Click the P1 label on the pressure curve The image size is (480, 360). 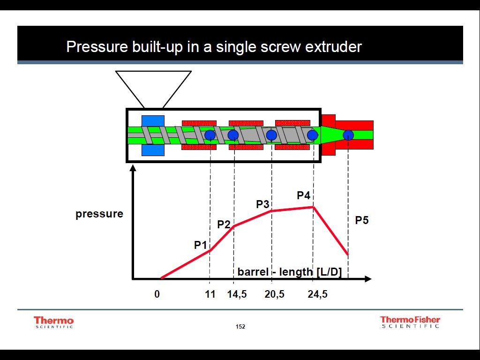pyautogui.click(x=201, y=245)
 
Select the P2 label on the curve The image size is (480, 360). pyautogui.click(x=224, y=225)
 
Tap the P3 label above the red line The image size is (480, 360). pyautogui.click(x=262, y=204)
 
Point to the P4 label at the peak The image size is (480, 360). pyautogui.click(x=303, y=195)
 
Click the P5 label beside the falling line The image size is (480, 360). pyautogui.click(x=361, y=220)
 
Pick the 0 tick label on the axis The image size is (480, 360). pyautogui.click(x=157, y=294)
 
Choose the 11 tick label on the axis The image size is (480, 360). pyautogui.click(x=210, y=294)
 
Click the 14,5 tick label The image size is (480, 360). pyautogui.click(x=237, y=294)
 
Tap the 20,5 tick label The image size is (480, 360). pyautogui.click(x=274, y=294)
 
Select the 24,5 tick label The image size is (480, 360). pyautogui.click(x=317, y=294)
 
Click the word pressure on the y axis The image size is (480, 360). pyautogui.click(x=99, y=214)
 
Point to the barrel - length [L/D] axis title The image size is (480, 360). pyautogui.click(x=289, y=272)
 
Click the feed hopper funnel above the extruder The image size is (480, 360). pyautogui.click(x=153, y=89)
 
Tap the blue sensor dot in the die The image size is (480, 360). pyautogui.click(x=348, y=135)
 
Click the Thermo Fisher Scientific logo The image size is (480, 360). pyautogui.click(x=410, y=322)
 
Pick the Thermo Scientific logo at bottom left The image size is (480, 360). pyautogui.click(x=53, y=322)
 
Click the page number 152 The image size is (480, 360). pyautogui.click(x=240, y=327)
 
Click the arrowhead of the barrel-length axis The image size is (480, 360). pyautogui.click(x=368, y=279)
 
